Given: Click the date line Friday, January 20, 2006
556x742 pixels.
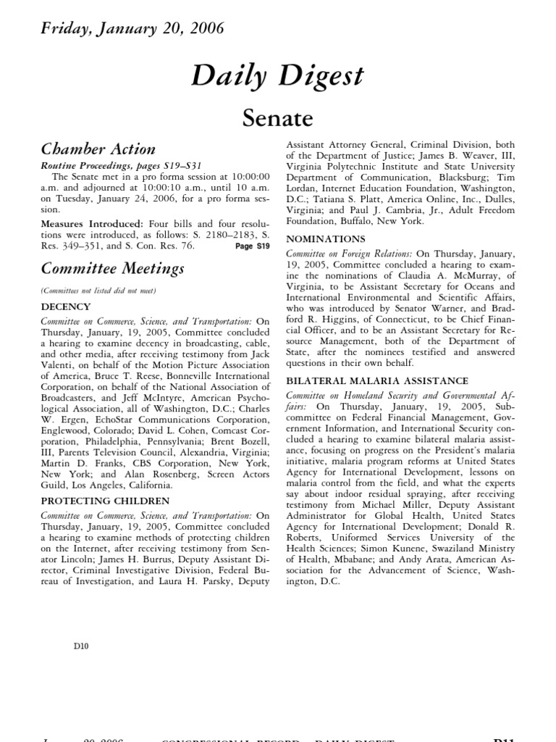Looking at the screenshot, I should tap(132, 29).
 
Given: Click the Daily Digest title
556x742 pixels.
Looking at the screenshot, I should tap(277, 75).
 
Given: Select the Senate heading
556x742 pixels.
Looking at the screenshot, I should tap(277, 117).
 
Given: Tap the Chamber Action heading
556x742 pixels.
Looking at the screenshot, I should tap(98, 149).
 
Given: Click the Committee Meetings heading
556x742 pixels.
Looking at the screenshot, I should tap(112, 269).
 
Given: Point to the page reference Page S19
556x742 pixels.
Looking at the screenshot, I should tap(252, 246).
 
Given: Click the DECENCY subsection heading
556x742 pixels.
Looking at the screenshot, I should tap(66, 307).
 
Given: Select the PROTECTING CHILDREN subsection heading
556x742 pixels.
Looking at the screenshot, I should tap(105, 501).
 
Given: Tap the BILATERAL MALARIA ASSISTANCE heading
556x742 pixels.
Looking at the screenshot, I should tap(377, 380).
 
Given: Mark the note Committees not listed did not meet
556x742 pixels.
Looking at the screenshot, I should tap(98, 291).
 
